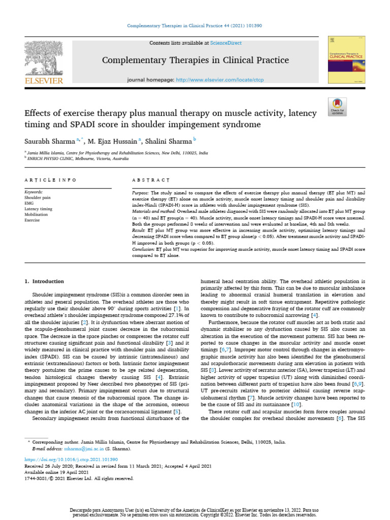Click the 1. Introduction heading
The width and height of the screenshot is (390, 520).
45,281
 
